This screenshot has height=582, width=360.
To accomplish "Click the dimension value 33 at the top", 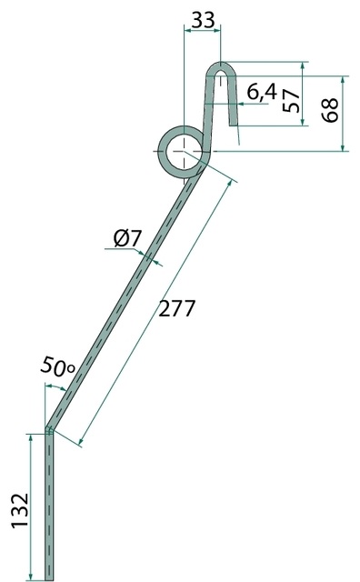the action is coord(203,20).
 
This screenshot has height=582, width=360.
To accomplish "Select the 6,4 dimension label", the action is coord(262,92).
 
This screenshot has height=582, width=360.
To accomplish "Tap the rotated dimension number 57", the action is coord(291,100).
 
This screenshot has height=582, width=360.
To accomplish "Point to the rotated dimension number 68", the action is coord(330,110).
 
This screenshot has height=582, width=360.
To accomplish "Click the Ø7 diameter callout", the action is coord(127,238).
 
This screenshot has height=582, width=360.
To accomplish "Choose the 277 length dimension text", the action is coord(176,308).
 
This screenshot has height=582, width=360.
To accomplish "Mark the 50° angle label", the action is coord(57,366).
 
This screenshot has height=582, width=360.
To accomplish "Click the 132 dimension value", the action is coord(20,510).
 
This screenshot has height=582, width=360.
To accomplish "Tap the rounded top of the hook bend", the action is coord(221,65).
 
